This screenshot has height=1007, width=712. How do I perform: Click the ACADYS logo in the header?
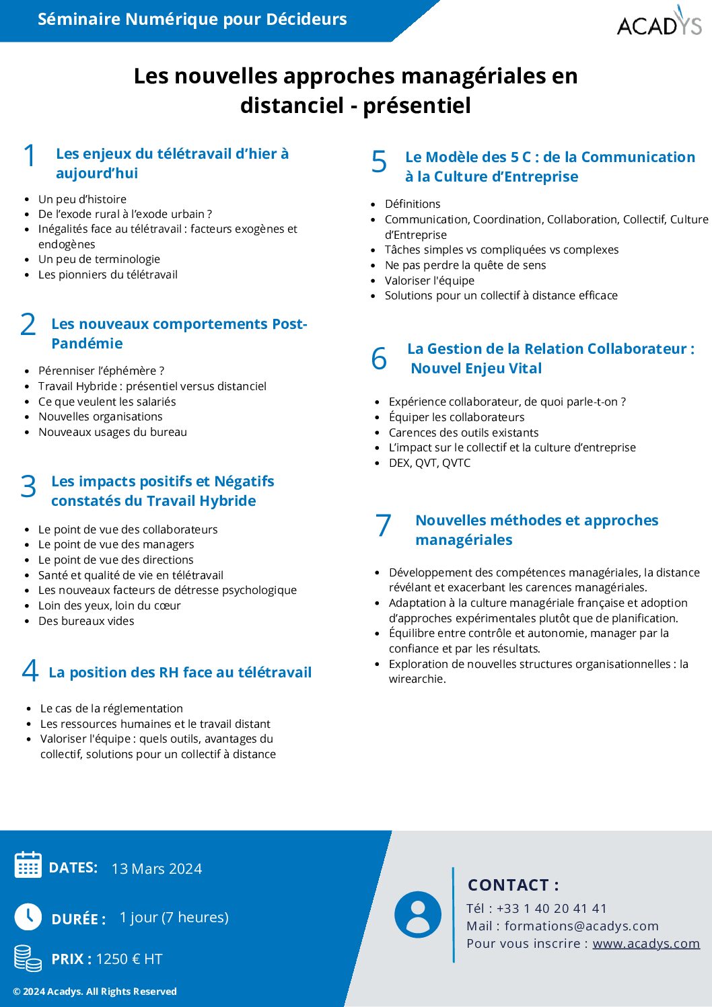pyautogui.click(x=659, y=22)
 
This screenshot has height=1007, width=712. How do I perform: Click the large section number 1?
pyautogui.click(x=30, y=156)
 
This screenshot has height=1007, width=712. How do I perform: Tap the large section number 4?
pyautogui.click(x=30, y=671)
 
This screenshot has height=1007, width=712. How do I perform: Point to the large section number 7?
pyautogui.click(x=384, y=525)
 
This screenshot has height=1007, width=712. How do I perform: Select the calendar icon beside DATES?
pyautogui.click(x=28, y=865)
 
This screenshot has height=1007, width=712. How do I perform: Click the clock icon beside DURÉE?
pyautogui.click(x=28, y=917)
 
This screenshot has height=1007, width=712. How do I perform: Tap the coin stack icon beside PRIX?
pyautogui.click(x=28, y=958)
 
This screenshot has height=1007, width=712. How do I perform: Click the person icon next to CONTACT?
pyautogui.click(x=418, y=914)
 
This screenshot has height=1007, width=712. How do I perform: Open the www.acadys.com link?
pyautogui.click(x=646, y=943)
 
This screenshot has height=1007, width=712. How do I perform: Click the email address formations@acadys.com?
pyautogui.click(x=581, y=926)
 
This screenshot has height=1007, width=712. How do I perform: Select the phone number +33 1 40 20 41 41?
pyautogui.click(x=552, y=908)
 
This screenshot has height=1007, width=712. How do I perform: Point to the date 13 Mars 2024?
pyautogui.click(x=157, y=868)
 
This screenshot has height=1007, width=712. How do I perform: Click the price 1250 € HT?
pyautogui.click(x=129, y=959)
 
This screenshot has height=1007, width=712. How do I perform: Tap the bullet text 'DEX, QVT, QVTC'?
pyautogui.click(x=429, y=463)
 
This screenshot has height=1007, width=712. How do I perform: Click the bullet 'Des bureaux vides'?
pyautogui.click(x=86, y=621)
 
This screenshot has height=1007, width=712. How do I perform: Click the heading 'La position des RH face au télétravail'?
pyautogui.click(x=180, y=672)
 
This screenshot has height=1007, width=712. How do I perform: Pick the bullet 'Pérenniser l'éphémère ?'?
pyautogui.click(x=101, y=371)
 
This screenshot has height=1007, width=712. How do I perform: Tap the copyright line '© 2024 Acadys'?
pyautogui.click(x=95, y=992)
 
